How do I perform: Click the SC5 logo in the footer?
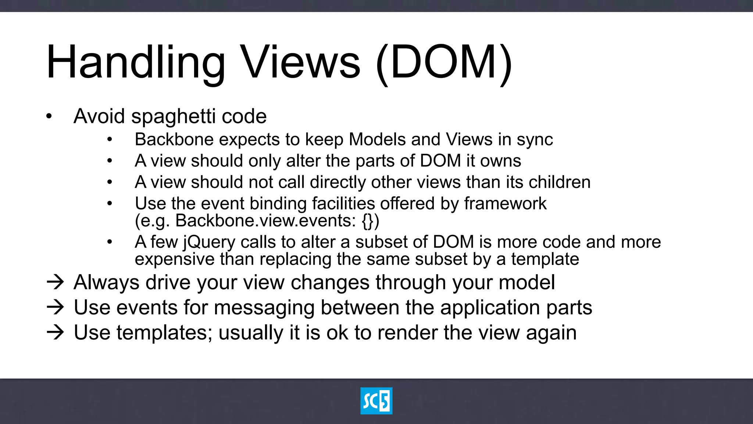(x=376, y=401)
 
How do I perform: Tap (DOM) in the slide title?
(x=444, y=63)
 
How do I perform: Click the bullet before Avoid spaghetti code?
(x=49, y=117)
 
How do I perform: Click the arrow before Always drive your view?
(x=56, y=282)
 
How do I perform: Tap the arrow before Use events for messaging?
(x=56, y=307)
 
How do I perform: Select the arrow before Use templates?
(x=56, y=332)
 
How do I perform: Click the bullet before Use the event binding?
(x=110, y=204)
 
